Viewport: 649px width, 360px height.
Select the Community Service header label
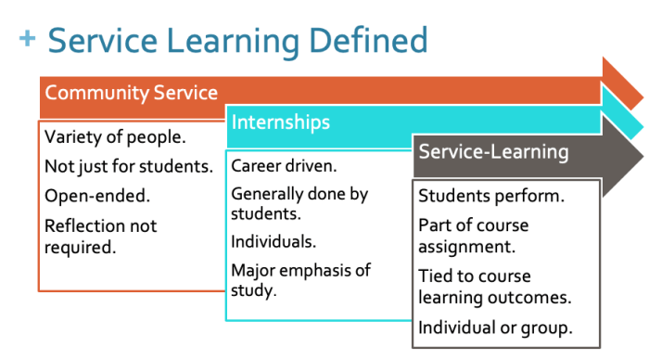click(132, 93)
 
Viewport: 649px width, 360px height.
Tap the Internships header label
click(280, 122)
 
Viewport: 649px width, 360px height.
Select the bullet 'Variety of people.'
click(116, 137)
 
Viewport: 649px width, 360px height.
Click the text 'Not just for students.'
click(129, 167)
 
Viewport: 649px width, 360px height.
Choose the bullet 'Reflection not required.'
click(101, 236)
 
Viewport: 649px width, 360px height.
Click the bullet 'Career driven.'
click(284, 167)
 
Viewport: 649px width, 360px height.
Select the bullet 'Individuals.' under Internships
click(274, 241)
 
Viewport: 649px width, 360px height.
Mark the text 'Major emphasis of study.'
click(300, 279)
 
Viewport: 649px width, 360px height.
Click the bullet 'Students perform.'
click(492, 196)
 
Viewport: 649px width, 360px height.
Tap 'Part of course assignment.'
click(473, 236)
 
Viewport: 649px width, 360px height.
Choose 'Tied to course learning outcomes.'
click(492, 287)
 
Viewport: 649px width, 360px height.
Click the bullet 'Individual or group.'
click(495, 327)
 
